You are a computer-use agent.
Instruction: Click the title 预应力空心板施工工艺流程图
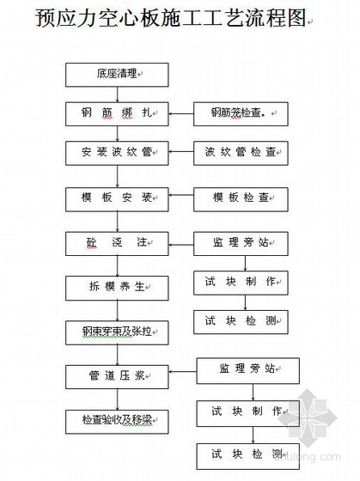[171, 18]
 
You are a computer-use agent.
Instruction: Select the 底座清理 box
[117, 75]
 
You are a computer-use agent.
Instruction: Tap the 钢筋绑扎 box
[117, 114]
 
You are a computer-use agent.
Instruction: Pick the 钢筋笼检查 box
[241, 114]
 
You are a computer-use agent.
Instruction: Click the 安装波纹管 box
[117, 153]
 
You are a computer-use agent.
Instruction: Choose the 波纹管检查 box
[241, 153]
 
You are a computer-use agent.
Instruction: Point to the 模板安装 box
[117, 199]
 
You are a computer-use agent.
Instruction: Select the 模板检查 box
[241, 199]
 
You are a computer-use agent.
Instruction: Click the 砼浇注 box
[117, 244]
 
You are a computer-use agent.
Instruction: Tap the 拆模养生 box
[117, 288]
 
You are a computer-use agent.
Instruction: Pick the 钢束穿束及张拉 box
[117, 333]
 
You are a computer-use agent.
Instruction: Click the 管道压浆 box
[117, 377]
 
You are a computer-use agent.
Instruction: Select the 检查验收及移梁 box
[117, 422]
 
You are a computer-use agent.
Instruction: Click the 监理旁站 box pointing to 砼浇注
[241, 244]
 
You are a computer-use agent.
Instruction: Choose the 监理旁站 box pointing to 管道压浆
[248, 370]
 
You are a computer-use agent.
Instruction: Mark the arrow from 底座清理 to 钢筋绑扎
[117, 94]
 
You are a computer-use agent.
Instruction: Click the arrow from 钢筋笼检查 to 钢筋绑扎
[181, 114]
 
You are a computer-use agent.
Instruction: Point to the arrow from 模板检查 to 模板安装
[181, 195]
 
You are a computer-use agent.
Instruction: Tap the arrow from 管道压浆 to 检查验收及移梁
[117, 399]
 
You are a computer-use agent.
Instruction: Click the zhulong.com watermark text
[308, 456]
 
